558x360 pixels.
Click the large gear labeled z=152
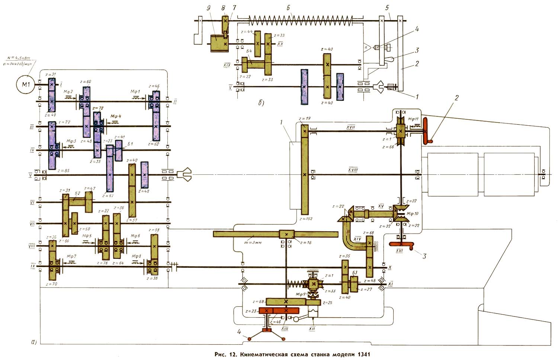(305, 175)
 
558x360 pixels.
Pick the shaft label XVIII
(353, 170)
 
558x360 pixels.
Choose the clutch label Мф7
(71, 257)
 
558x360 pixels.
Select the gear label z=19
(305, 119)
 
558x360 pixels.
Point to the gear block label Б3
(355, 273)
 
